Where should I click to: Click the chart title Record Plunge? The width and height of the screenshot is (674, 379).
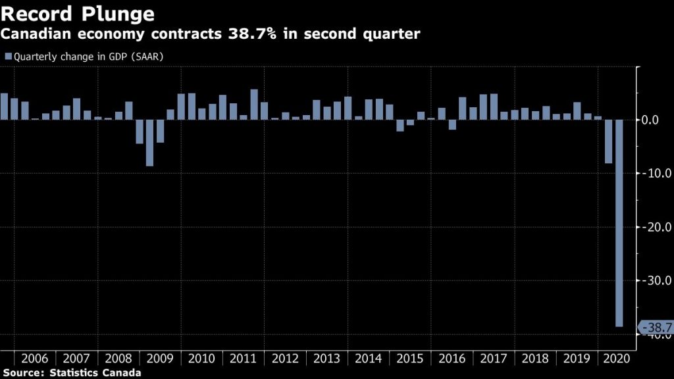click(78, 13)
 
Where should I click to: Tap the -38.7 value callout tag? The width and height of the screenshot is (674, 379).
click(656, 327)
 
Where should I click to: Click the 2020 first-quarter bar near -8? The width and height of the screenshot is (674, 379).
click(608, 141)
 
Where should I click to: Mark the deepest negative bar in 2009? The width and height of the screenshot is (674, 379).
click(150, 143)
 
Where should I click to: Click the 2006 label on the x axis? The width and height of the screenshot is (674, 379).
click(35, 359)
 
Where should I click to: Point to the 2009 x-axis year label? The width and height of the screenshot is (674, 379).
click(160, 359)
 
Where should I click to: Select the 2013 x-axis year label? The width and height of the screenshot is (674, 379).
click(326, 359)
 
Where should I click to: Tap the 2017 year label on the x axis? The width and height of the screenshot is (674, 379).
click(493, 359)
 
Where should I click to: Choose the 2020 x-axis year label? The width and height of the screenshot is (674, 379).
click(618, 359)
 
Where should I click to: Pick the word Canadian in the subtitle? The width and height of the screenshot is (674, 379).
click(35, 34)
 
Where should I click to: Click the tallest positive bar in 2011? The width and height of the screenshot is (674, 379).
click(254, 105)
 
